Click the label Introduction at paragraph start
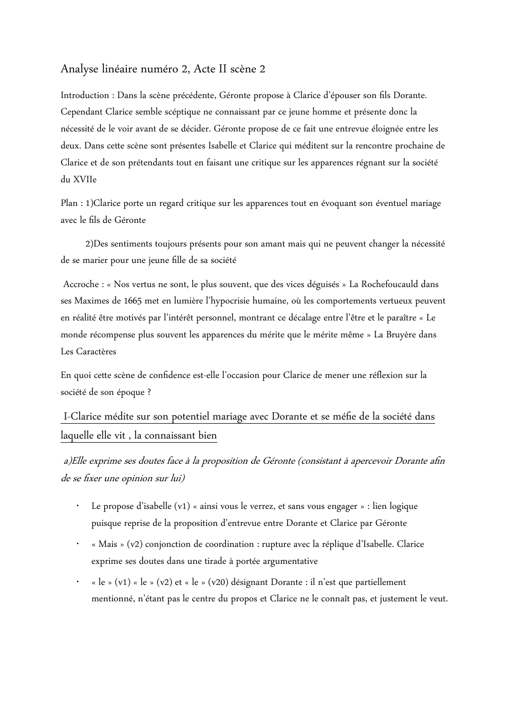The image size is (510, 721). click(x=85, y=96)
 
